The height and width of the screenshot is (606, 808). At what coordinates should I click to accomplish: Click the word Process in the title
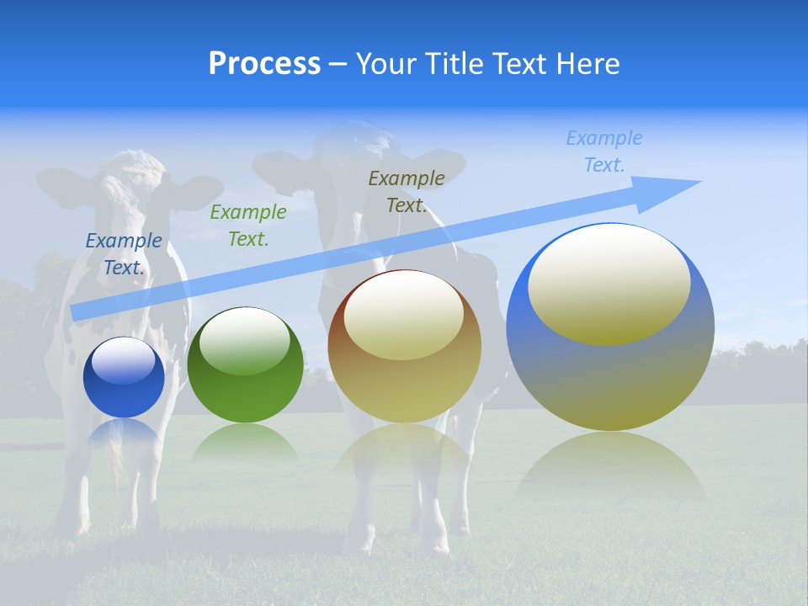[x=264, y=64]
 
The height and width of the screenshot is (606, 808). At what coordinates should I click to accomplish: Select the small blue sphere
[x=124, y=378]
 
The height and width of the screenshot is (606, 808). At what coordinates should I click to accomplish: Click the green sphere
[x=245, y=365]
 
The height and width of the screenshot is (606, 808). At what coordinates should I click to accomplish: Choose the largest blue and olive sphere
[x=610, y=327]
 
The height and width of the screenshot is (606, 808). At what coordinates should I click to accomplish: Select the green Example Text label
[x=247, y=226]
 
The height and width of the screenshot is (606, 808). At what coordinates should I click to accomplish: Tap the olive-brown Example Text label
[x=407, y=192]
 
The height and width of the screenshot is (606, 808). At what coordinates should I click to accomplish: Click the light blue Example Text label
[x=603, y=151]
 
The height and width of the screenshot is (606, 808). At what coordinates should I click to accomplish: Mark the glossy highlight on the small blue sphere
[x=123, y=361]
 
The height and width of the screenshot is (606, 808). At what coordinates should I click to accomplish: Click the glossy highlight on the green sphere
[x=245, y=342]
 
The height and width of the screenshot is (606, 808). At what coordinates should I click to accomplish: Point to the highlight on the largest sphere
[x=609, y=284]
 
